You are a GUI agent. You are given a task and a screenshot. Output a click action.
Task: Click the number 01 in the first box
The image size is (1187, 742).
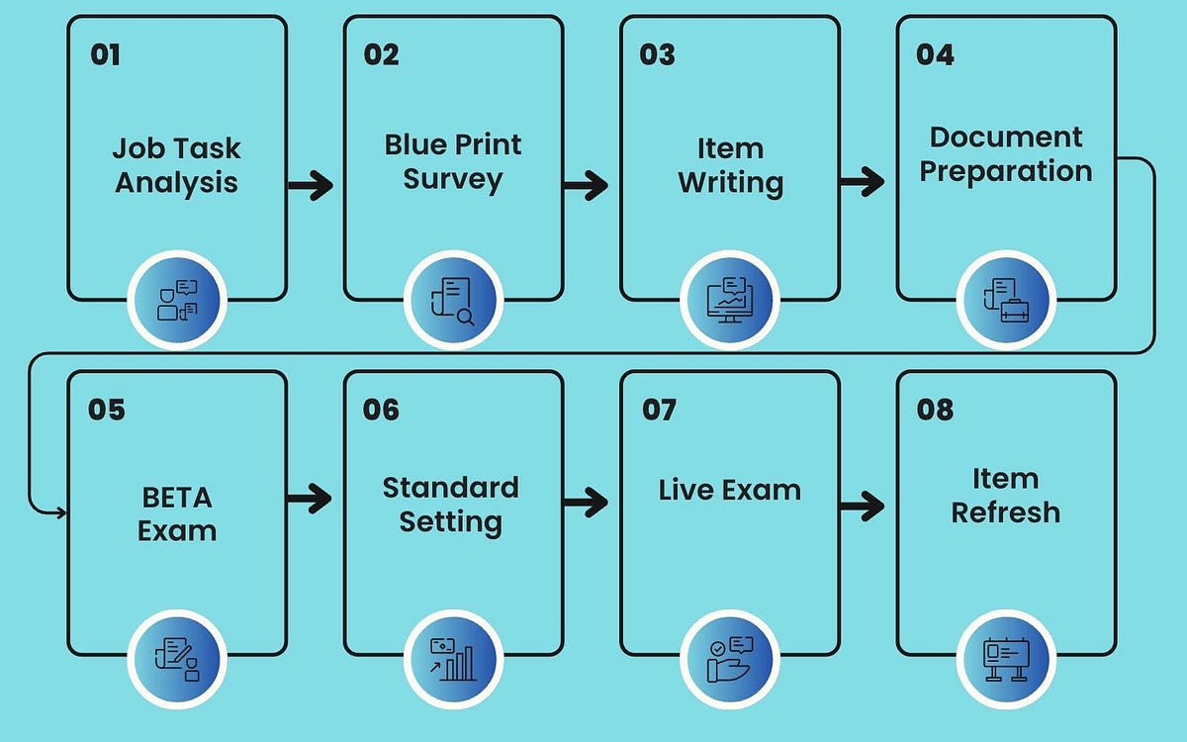[x=105, y=54]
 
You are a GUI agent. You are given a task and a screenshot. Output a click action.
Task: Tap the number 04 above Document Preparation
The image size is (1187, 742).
[x=935, y=54]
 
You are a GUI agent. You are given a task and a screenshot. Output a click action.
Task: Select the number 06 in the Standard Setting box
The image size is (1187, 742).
[x=381, y=409]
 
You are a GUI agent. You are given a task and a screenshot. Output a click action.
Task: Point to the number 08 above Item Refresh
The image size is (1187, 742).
[x=935, y=409]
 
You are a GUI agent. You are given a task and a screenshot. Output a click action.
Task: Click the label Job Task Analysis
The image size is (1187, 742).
[x=176, y=165]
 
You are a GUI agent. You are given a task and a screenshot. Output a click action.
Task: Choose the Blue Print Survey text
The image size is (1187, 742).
[x=453, y=162]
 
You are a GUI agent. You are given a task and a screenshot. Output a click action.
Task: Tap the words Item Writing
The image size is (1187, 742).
[x=730, y=165]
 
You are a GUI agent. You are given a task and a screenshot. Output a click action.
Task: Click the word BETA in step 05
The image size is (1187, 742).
[x=176, y=497]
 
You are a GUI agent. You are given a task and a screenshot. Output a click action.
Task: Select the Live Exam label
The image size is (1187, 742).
[x=730, y=490]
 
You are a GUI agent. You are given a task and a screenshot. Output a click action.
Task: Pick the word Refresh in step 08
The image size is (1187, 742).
[x=1005, y=512]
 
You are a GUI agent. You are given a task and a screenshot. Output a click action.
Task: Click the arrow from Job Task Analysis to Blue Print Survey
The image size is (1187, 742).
[x=311, y=184]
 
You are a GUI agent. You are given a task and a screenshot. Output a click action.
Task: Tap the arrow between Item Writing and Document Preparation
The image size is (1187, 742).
[x=862, y=181]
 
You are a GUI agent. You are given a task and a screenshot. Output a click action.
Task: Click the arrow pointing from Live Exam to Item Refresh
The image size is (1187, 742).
[x=862, y=507]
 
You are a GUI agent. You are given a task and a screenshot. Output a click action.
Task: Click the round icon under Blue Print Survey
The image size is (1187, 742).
[x=453, y=300]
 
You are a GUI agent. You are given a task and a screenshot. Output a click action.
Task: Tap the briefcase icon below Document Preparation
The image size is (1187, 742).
[x=1006, y=300]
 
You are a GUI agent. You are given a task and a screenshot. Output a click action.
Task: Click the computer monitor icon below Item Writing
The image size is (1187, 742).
[x=730, y=300]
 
